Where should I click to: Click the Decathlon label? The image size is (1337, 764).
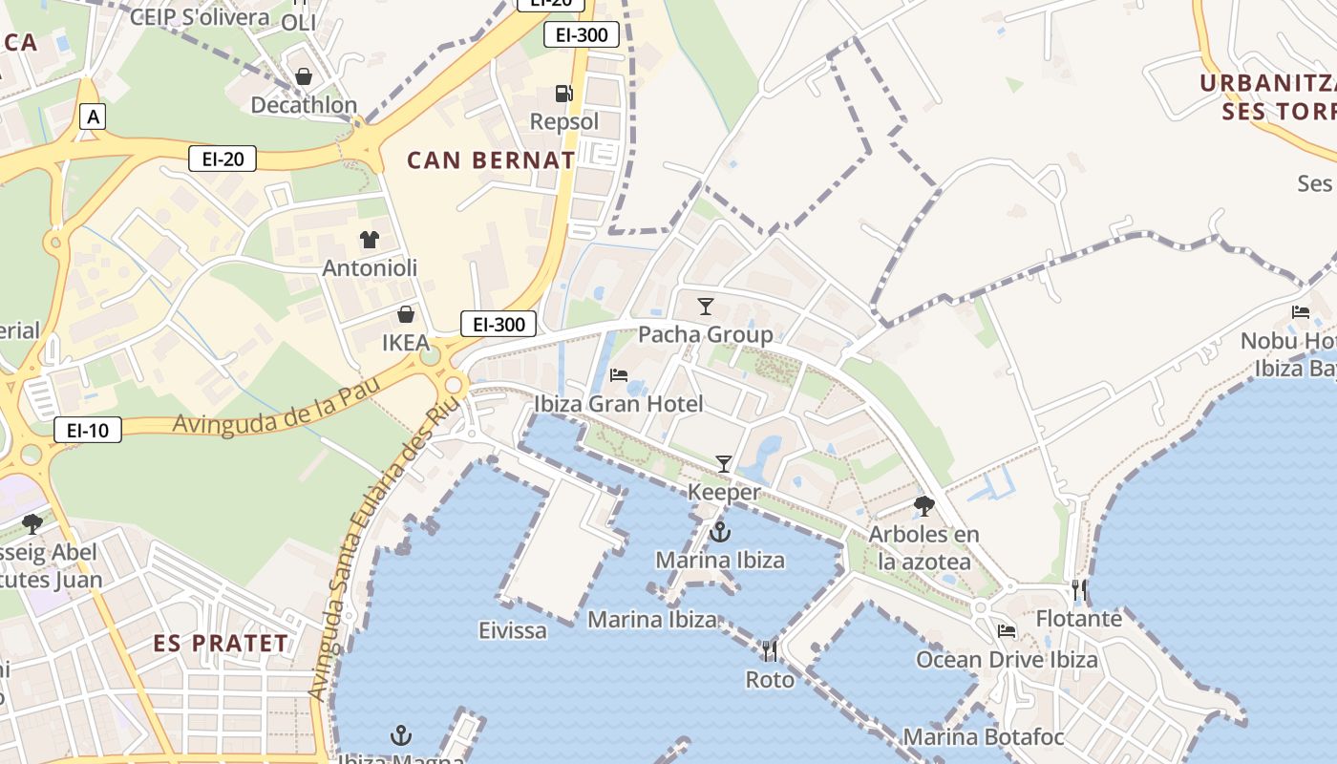click(x=304, y=105)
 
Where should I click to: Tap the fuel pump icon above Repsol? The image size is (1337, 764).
click(x=564, y=94)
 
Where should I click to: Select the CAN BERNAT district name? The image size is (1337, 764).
click(x=491, y=159)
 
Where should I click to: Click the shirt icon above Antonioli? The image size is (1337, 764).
click(x=370, y=239)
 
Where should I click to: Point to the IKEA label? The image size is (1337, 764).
click(x=406, y=342)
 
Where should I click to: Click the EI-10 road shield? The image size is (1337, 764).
click(x=88, y=430)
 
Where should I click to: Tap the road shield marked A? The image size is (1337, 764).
click(x=92, y=117)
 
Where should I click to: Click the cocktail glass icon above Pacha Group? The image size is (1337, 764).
click(x=706, y=307)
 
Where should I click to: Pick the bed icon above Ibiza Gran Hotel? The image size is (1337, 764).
click(x=619, y=375)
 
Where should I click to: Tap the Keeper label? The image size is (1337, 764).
click(x=725, y=493)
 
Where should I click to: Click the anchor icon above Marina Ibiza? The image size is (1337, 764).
click(x=720, y=532)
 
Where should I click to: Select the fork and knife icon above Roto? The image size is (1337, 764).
click(x=770, y=651)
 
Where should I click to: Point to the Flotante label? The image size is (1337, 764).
click(x=1079, y=619)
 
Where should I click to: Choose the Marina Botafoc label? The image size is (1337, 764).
click(x=984, y=737)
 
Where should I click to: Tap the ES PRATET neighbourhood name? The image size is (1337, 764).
click(x=221, y=644)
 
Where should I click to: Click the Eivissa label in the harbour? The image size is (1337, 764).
click(x=513, y=630)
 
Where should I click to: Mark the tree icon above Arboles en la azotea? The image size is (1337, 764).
click(x=924, y=506)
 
